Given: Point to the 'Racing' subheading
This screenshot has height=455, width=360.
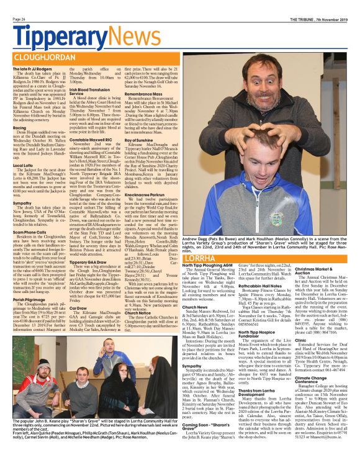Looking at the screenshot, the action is pyautogui.click(x=20, y=128).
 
